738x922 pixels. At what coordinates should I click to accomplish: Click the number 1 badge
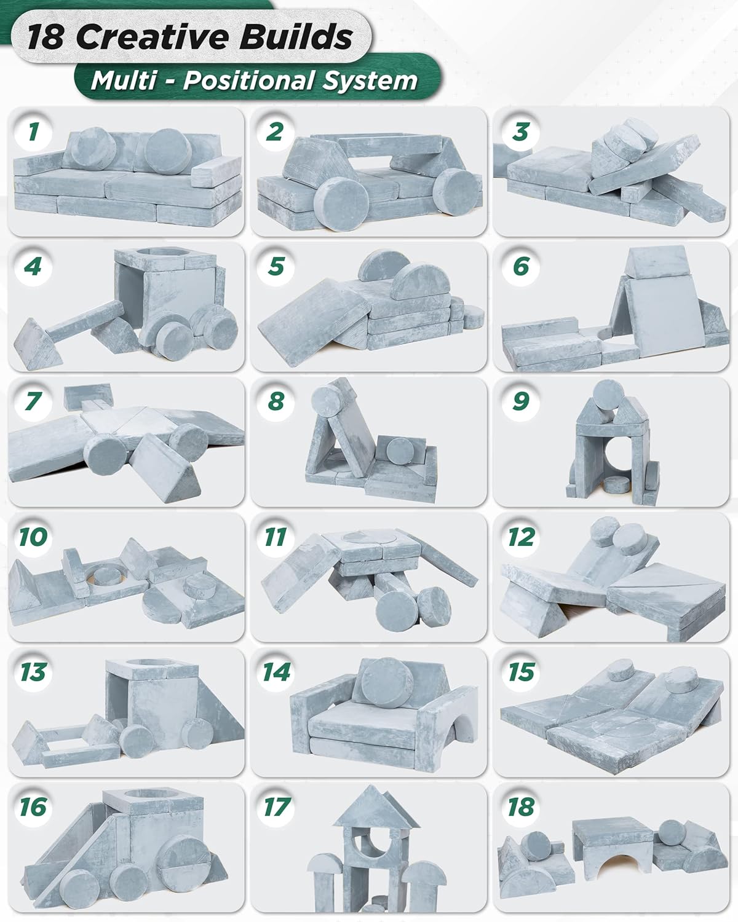pyautogui.click(x=33, y=132)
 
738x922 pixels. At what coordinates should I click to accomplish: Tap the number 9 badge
pyautogui.click(x=520, y=401)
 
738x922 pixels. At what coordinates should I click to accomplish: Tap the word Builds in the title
pyautogui.click(x=296, y=37)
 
